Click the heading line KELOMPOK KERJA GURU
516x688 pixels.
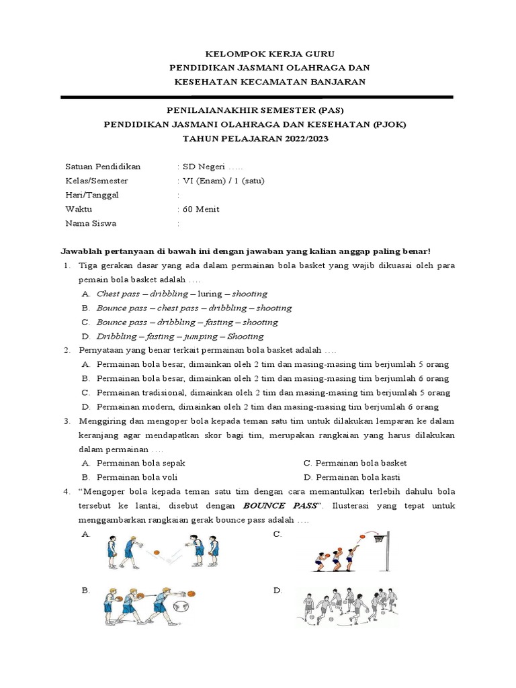[x=259, y=53]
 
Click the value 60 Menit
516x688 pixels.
[x=200, y=209]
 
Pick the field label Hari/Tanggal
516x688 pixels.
[x=92, y=195]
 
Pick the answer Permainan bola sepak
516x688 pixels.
[x=140, y=463]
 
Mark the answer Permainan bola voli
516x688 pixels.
[x=138, y=477]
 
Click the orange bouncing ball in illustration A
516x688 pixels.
[x=157, y=552]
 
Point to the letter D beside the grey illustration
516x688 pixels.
[x=277, y=590]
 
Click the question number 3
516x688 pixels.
[x=68, y=421]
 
